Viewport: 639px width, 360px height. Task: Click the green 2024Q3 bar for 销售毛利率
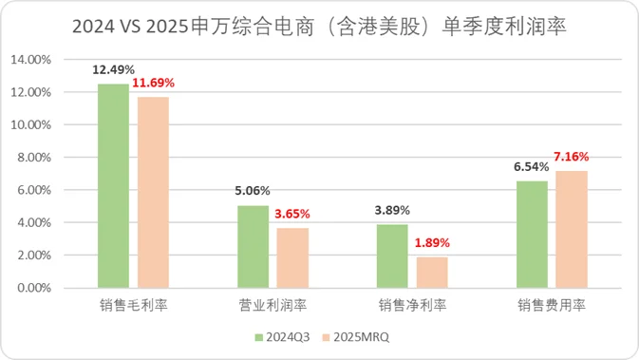click(113, 186)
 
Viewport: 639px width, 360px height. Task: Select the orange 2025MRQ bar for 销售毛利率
click(153, 193)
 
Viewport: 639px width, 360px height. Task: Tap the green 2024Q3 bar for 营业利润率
click(253, 247)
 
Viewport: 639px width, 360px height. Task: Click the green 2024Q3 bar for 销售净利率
click(392, 256)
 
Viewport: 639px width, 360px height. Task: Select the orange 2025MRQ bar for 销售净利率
click(432, 273)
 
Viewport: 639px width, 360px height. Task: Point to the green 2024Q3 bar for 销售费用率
click(532, 235)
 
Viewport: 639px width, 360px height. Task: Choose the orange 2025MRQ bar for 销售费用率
click(572, 230)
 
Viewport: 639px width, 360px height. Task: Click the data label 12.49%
click(113, 69)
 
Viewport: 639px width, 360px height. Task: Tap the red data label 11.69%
click(154, 83)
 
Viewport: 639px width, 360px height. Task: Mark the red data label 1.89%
click(432, 242)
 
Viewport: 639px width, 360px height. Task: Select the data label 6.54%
click(532, 166)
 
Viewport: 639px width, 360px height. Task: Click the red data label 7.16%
click(572, 156)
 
